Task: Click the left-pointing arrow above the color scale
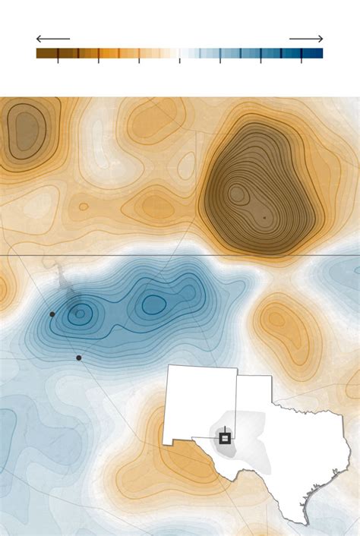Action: (52, 39)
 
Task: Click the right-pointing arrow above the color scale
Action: (306, 39)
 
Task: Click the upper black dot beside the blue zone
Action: (52, 314)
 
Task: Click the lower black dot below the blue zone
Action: (79, 358)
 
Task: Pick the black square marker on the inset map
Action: (225, 438)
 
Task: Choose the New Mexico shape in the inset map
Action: (199, 402)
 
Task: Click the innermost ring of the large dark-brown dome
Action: (238, 194)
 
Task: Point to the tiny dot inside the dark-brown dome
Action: (264, 218)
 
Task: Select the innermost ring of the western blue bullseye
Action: (80, 312)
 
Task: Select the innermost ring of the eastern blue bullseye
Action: (154, 304)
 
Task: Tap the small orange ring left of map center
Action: (84, 206)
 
